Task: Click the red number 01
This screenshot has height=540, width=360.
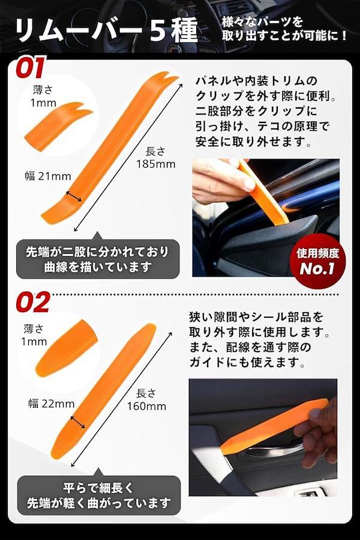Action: (x=31, y=67)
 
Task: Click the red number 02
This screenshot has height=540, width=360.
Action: (x=33, y=302)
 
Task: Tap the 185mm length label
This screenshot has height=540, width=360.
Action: (x=156, y=158)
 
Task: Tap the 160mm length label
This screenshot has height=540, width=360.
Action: (x=146, y=400)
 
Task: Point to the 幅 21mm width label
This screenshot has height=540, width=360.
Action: (x=48, y=176)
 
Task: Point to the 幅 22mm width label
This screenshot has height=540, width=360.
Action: (x=52, y=403)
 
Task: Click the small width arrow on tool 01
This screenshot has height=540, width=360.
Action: (x=74, y=196)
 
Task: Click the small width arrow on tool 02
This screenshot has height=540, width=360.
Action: (x=77, y=422)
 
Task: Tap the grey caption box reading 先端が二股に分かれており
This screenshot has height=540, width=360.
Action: (x=98, y=259)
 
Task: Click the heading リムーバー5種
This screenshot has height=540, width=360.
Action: (x=106, y=31)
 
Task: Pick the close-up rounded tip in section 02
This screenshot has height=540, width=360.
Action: (x=65, y=348)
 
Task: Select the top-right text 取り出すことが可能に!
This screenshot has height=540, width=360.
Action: (x=284, y=35)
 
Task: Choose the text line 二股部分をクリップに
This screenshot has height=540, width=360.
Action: (x=256, y=111)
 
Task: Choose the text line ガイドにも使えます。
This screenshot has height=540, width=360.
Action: (x=247, y=362)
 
